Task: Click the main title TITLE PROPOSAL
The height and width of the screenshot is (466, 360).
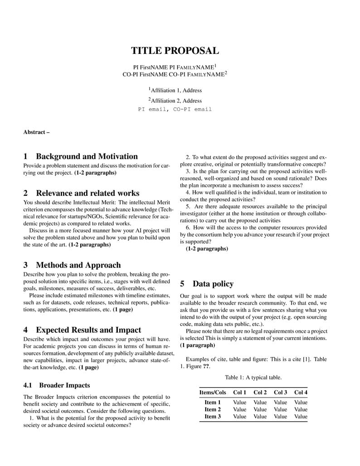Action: [x=175, y=51]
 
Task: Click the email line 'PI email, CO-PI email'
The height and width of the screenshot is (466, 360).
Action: [x=175, y=109]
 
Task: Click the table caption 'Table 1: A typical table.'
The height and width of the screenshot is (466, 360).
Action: [x=253, y=377]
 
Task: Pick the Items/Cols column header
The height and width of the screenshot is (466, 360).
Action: [x=213, y=392]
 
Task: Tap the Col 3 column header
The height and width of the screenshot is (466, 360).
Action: [x=281, y=392]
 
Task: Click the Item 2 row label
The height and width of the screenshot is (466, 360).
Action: [x=213, y=409]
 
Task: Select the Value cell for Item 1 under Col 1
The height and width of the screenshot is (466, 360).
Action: [x=240, y=402]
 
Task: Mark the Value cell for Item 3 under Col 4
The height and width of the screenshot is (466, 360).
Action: [x=301, y=417]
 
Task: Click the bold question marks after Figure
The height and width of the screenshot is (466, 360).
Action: [x=206, y=366]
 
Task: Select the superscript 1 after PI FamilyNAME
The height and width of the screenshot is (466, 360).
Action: [x=215, y=65]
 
